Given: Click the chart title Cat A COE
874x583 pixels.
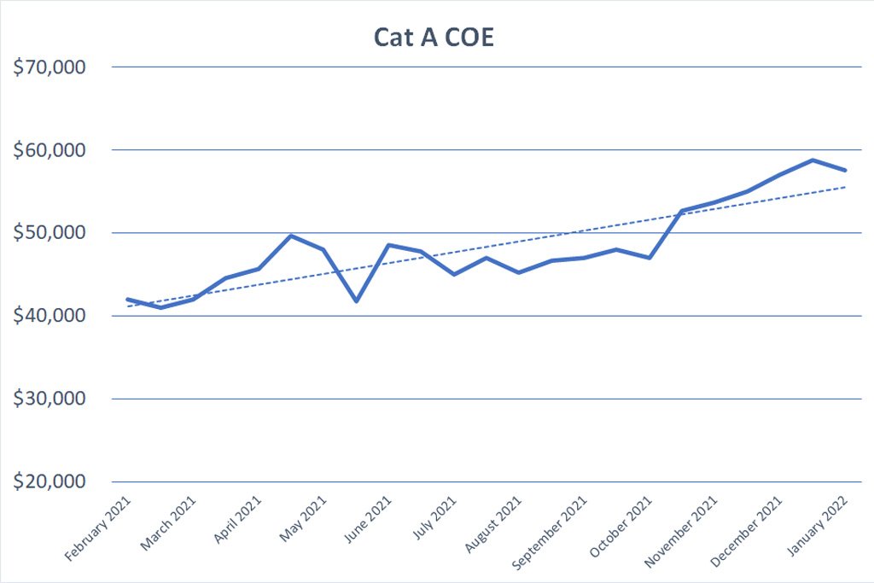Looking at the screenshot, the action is (434, 37).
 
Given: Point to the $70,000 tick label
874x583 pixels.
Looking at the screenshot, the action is (50, 67).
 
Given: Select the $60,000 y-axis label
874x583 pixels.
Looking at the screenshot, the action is (50, 150).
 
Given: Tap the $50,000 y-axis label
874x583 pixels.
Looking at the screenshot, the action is (50, 232).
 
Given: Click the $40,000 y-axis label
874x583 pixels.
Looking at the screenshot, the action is (50, 316).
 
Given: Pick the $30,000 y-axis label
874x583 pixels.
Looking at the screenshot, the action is (50, 399).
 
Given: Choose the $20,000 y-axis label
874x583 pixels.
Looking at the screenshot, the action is (50, 481).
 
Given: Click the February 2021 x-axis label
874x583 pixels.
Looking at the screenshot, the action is (98, 528).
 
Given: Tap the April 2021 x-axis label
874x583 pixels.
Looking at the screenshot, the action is (238, 520).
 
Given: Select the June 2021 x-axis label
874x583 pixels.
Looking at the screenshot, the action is (368, 520).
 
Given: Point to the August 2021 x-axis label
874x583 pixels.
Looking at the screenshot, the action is (493, 524).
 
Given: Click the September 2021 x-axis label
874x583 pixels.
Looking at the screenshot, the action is (550, 533).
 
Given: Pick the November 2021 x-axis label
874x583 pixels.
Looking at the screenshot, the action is (681, 532).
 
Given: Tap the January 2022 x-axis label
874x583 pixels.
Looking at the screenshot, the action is (818, 526).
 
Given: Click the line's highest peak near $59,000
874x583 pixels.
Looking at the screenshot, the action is (813, 160).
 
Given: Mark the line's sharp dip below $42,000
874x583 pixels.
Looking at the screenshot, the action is (356, 301).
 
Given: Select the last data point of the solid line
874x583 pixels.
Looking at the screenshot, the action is (846, 170).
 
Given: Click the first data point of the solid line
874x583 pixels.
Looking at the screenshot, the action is (128, 300).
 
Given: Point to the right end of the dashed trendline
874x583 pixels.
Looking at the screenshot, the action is (846, 187).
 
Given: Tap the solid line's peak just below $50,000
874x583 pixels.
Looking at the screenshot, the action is (291, 236).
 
